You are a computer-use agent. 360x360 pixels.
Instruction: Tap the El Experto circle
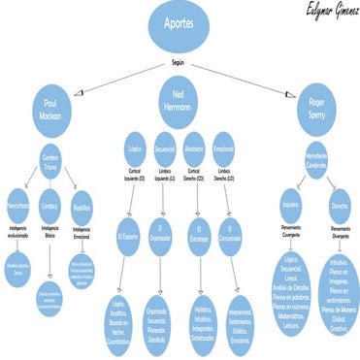click(129, 236)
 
